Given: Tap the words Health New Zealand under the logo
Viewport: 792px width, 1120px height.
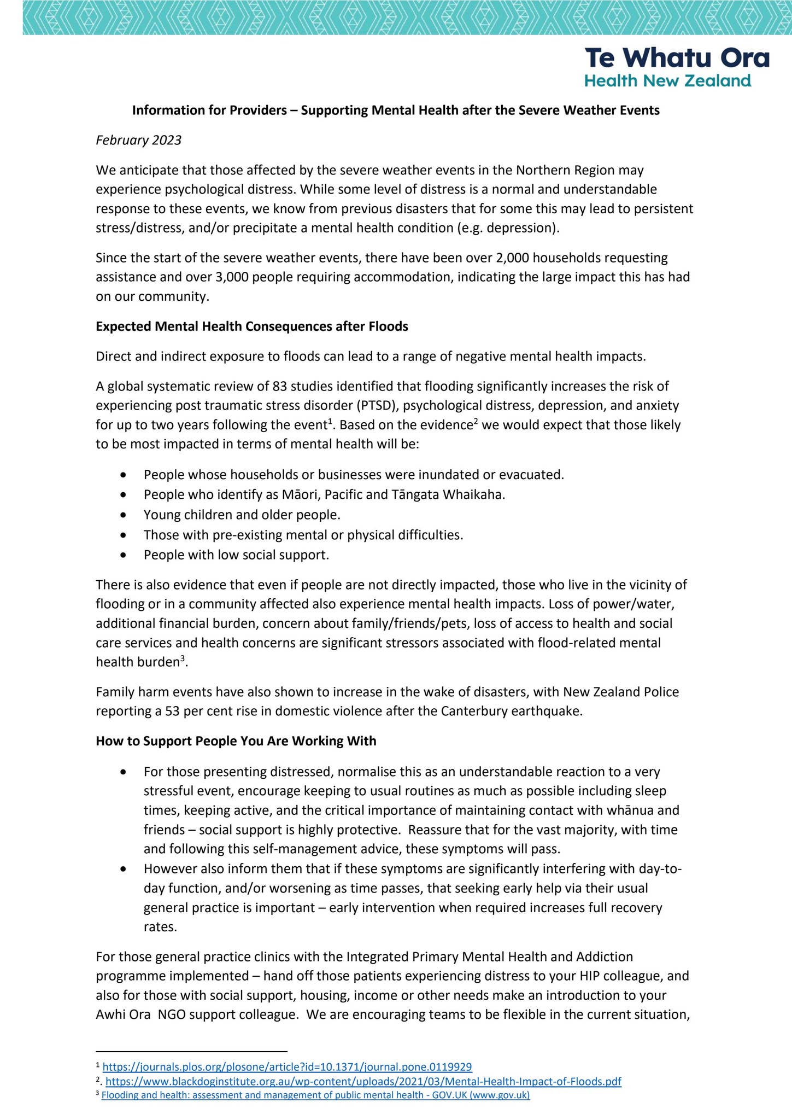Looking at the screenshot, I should (667, 81).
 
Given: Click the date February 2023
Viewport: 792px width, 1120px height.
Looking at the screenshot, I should (138, 141).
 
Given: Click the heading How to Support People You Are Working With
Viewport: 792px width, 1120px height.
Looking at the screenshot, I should (236, 741).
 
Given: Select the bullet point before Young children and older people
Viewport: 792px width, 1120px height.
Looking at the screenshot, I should (125, 515).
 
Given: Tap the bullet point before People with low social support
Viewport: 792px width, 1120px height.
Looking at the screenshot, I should (125, 556).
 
